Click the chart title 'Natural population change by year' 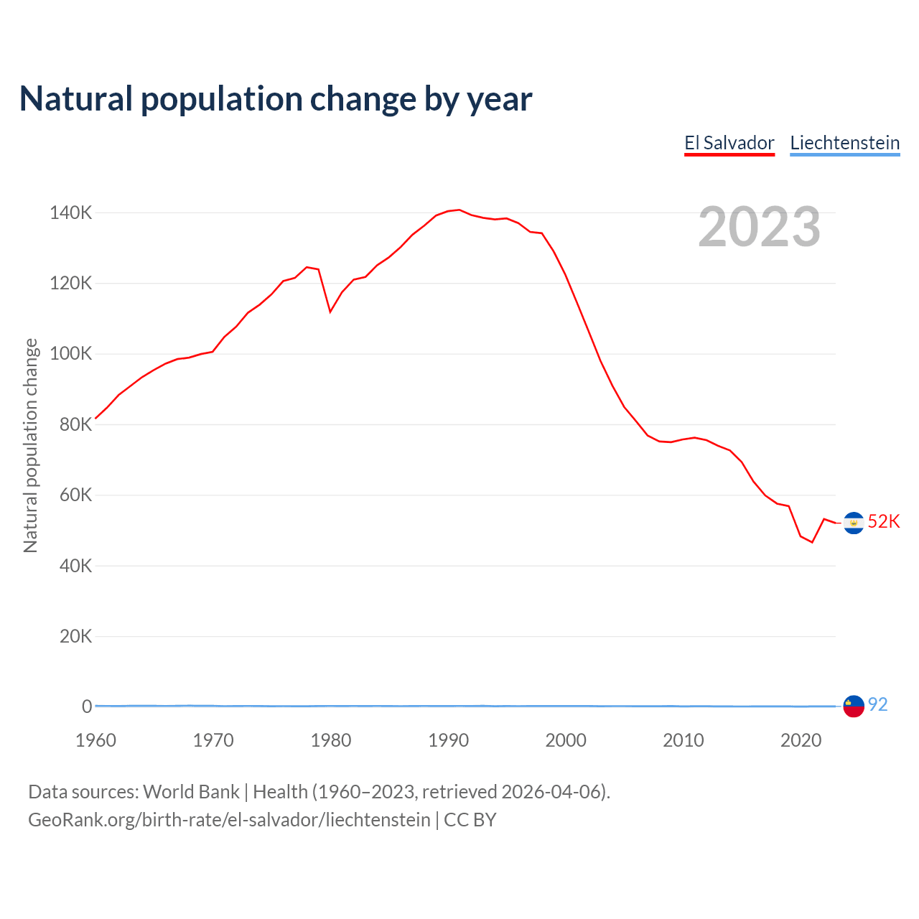coord(276,99)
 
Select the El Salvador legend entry coord(729,143)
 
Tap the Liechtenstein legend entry coord(844,143)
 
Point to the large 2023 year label coord(759,227)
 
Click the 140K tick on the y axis coord(70,213)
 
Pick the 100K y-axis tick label coord(70,354)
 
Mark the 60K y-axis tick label coord(75,495)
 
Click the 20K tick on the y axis coord(75,636)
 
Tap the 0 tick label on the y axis coord(87,706)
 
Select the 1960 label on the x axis coord(95,740)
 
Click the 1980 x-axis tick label coord(331,740)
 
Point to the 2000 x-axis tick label coord(566,740)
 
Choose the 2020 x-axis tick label coord(801,740)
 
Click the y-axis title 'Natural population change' coord(30,445)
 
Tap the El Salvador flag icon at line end coord(853,523)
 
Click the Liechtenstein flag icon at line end coord(853,706)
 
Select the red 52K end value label coord(884,522)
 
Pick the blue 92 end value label coord(878,705)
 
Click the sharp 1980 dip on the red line coord(330,312)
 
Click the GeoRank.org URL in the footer coord(229,820)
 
